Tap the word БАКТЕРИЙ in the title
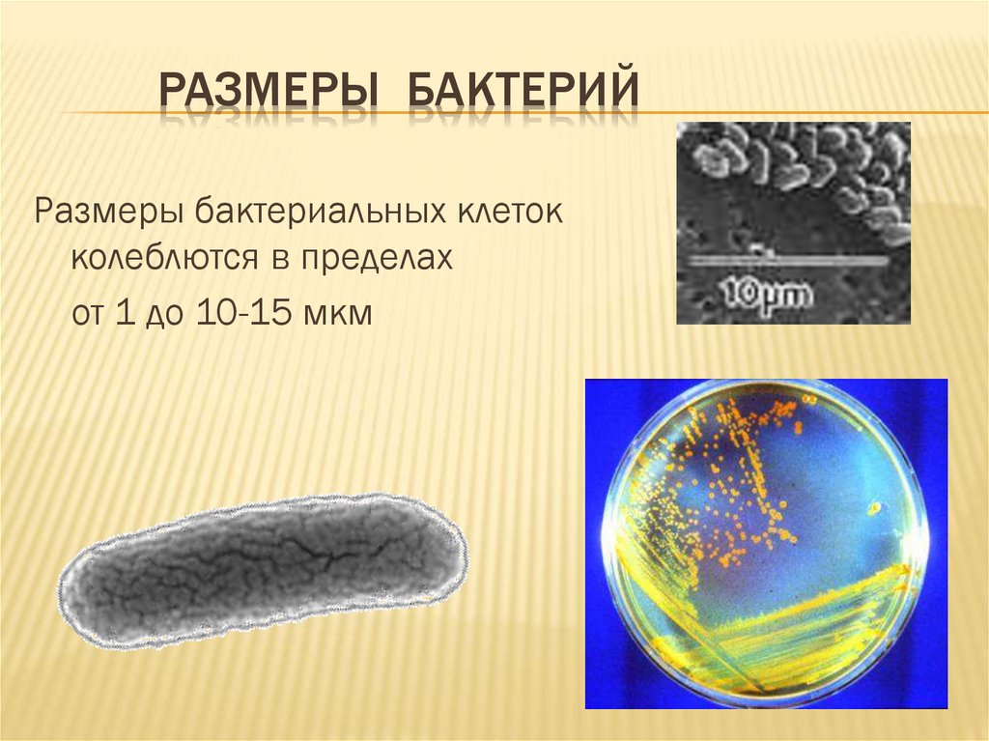522,91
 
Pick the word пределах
378,260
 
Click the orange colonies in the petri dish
734,473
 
